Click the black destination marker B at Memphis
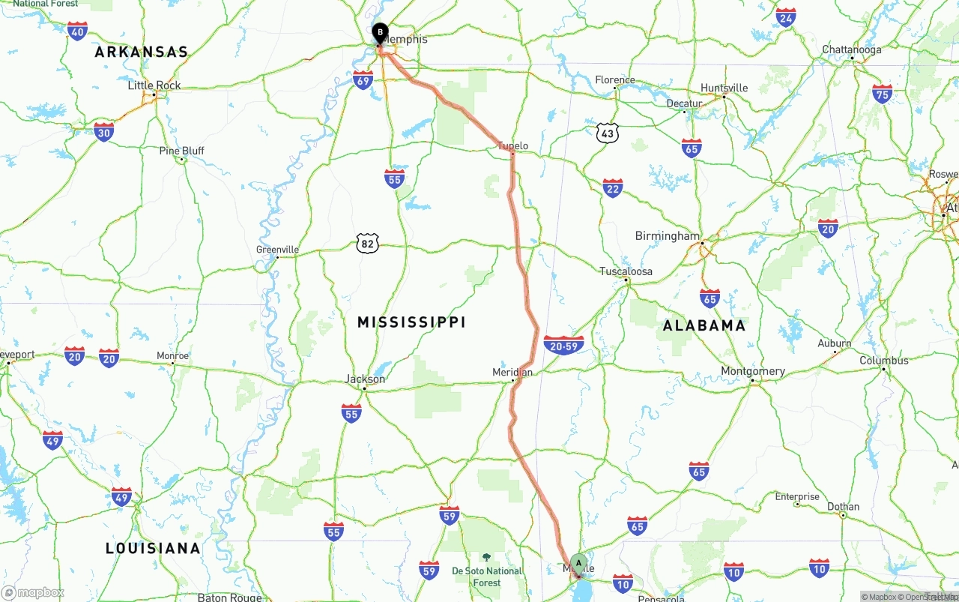coord(380,33)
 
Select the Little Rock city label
coord(154,85)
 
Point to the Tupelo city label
coord(513,145)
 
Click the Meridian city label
coord(512,372)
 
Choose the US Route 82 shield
coord(367,243)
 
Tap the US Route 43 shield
coord(608,133)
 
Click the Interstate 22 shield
coord(613,187)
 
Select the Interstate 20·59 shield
coord(564,345)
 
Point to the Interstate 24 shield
coord(786,18)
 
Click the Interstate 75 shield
coord(883,94)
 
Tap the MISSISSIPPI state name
coord(411,322)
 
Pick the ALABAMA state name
coord(704,325)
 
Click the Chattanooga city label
coord(852,49)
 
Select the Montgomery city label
coord(753,371)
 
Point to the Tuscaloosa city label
coord(626,271)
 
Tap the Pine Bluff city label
coord(181,151)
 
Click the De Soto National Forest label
coord(487,577)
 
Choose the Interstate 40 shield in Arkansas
coord(77,31)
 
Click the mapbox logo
coord(33,592)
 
